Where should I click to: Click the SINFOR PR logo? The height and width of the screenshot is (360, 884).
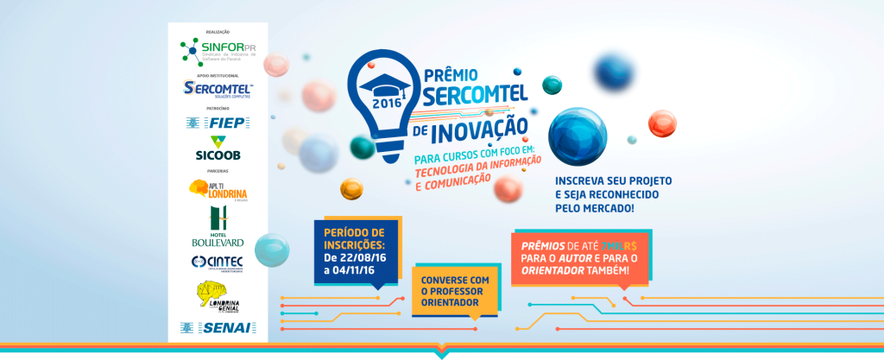click(218, 51)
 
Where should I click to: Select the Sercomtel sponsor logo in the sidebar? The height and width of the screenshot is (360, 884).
click(218, 89)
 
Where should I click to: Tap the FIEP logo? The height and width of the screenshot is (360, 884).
click(218, 123)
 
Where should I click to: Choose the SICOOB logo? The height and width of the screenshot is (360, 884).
click(218, 149)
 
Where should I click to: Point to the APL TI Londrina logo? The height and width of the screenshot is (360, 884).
click(218, 187)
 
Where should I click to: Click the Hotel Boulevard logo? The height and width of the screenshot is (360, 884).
click(218, 227)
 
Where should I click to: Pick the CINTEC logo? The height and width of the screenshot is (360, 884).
click(218, 262)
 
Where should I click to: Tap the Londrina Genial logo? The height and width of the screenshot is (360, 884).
click(218, 298)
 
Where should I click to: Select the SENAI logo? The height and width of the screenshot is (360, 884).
click(218, 327)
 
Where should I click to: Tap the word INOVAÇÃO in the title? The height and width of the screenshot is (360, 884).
click(478, 130)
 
